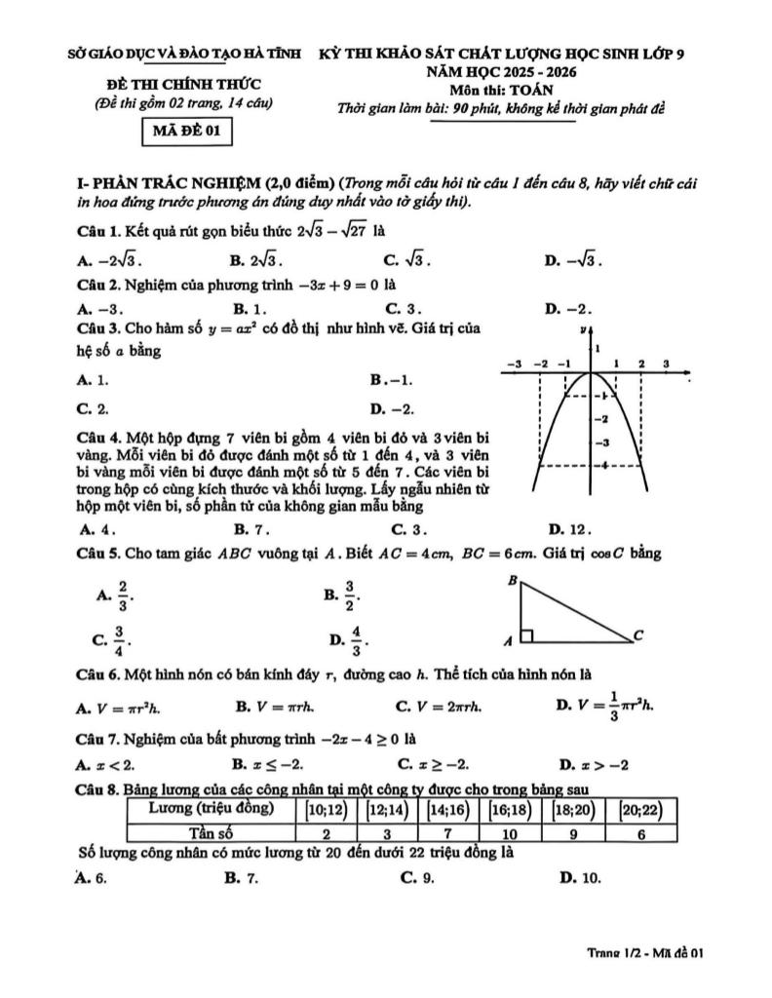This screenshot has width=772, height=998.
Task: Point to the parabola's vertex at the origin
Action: click(x=592, y=373)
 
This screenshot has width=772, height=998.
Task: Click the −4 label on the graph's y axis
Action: click(x=604, y=465)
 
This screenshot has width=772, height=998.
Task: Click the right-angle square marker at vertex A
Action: click(x=526, y=636)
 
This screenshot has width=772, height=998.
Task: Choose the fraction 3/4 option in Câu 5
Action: click(x=113, y=638)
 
